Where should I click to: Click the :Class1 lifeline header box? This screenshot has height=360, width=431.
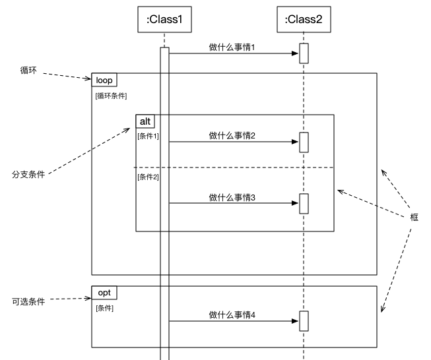click(x=164, y=20)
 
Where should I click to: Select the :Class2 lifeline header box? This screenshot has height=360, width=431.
click(x=304, y=20)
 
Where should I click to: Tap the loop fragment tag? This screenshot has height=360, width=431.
click(x=104, y=80)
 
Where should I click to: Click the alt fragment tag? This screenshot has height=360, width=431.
click(x=145, y=121)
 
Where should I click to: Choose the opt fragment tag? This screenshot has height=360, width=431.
click(x=104, y=292)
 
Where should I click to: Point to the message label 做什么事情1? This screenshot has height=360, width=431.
click(x=232, y=47)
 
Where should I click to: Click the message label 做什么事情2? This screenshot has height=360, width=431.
click(x=232, y=136)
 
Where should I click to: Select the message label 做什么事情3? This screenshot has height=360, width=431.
click(x=232, y=197)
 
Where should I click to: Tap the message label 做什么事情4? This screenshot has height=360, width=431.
click(x=232, y=315)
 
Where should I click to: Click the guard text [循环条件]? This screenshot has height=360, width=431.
click(x=112, y=96)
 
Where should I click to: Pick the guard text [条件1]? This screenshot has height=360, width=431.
click(x=148, y=136)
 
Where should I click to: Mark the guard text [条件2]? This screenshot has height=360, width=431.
click(x=148, y=177)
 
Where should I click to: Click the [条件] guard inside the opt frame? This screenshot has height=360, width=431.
click(x=104, y=308)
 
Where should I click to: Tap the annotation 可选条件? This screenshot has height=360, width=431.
click(x=28, y=301)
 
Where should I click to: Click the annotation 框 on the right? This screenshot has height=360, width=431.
click(x=414, y=217)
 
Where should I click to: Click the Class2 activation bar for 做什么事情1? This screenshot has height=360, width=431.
click(x=304, y=53)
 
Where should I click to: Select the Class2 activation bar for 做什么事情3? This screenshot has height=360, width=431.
click(x=304, y=203)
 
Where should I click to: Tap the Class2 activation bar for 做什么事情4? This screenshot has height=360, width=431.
click(x=304, y=321)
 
